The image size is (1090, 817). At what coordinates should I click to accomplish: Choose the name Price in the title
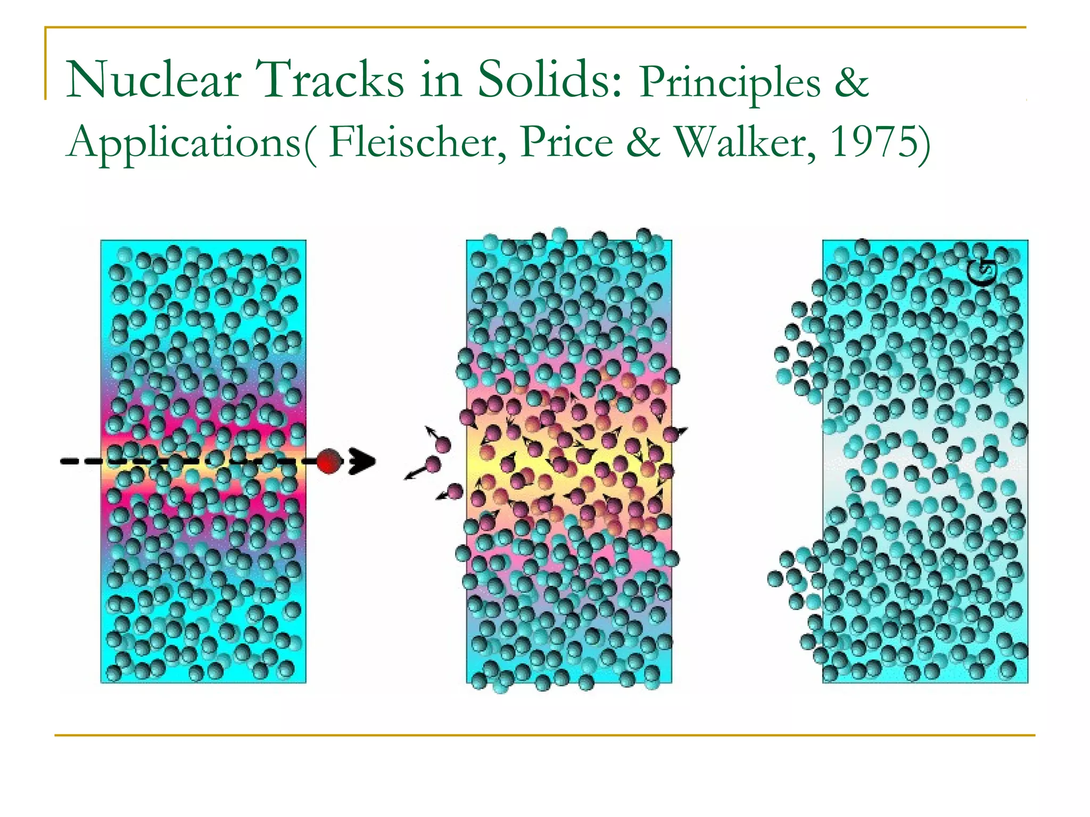[x=567, y=143]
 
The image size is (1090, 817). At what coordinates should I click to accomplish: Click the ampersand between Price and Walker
[x=643, y=143]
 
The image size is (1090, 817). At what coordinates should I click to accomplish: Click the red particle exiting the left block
[x=329, y=461]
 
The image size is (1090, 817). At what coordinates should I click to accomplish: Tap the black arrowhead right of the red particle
[x=363, y=461]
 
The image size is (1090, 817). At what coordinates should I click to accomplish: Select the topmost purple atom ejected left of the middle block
[x=443, y=444]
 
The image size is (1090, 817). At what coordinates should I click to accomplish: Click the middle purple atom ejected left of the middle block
[x=433, y=465]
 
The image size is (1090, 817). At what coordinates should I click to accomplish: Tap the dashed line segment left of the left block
[x=80, y=461]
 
